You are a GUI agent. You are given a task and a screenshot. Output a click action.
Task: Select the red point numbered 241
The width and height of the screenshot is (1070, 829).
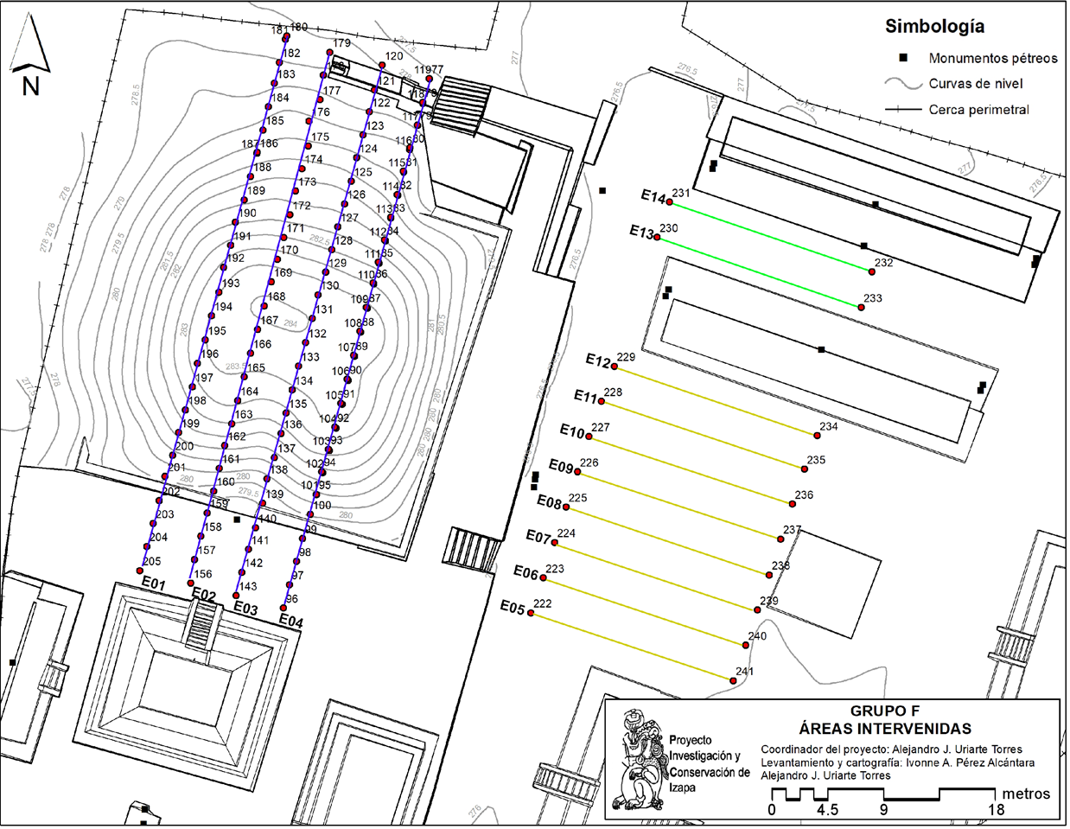733,681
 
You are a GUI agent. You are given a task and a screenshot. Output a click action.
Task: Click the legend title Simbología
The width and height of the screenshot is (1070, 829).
934,27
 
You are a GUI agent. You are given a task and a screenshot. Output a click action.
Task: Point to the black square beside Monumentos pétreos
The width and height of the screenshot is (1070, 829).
904,58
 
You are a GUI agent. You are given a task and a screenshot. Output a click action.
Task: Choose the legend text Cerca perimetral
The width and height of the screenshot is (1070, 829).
979,110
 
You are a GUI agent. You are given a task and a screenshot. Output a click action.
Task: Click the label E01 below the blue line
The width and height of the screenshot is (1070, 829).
153,584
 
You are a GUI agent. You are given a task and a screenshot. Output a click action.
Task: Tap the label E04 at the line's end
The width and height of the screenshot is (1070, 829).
290,621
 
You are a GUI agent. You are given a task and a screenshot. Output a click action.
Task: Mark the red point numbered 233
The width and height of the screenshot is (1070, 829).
861,307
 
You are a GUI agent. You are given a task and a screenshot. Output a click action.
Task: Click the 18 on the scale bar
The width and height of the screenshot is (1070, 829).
997,810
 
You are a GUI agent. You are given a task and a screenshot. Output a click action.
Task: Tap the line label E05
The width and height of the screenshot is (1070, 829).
513,607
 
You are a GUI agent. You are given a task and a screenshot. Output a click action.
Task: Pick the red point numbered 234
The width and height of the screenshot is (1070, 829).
817,435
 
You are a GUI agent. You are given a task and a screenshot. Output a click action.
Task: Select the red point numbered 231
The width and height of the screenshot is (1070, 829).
669,202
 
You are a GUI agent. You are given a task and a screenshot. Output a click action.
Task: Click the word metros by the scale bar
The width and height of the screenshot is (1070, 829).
1026,794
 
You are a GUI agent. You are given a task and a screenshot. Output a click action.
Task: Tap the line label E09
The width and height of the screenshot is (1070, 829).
561,468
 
